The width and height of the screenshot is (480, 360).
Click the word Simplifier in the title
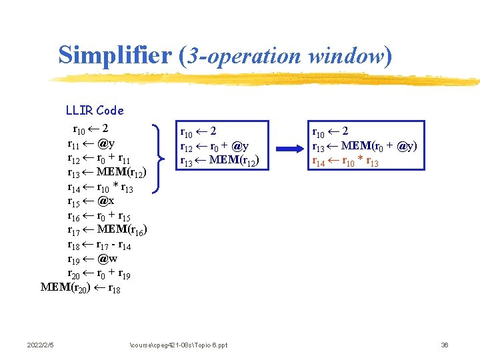click(115, 55)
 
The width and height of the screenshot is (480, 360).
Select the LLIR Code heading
click(95, 111)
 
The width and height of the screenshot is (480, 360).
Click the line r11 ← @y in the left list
click(91, 143)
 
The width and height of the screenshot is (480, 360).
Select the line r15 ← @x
click(91, 201)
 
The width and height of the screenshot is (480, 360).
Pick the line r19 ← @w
click(91, 259)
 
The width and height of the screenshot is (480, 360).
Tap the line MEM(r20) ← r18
click(81, 288)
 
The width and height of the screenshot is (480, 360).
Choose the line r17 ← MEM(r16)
click(107, 230)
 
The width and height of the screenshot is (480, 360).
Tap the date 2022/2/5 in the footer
click(41, 345)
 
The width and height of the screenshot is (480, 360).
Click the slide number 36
click(445, 345)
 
